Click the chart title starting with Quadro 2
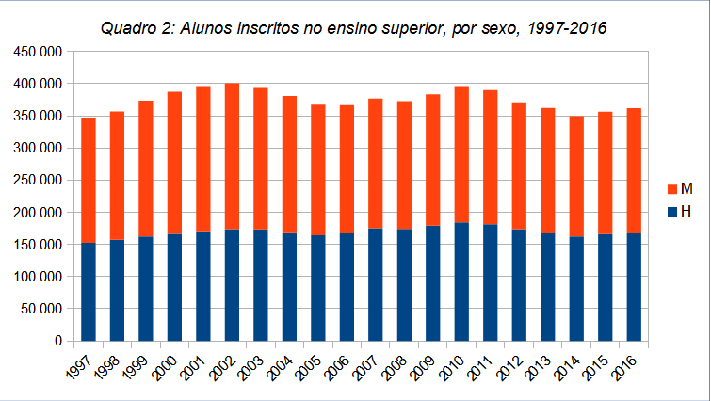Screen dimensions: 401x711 click(354, 29)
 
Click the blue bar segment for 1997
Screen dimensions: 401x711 click(89, 292)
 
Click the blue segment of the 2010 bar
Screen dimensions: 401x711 click(461, 281)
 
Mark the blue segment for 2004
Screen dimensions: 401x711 click(289, 286)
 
